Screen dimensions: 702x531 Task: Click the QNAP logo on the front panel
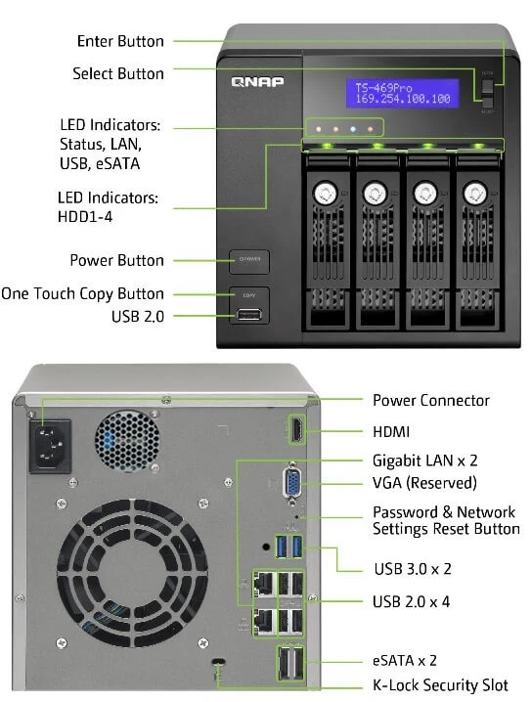click(258, 82)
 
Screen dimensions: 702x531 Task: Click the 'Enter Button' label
click(120, 42)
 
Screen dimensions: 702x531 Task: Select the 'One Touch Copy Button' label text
click(83, 293)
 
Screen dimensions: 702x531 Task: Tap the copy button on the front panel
click(249, 292)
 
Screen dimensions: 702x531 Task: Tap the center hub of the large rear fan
click(111, 577)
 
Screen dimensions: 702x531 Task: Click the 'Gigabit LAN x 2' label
click(425, 460)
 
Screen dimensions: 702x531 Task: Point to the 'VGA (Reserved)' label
click(424, 483)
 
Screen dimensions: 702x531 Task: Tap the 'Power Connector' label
click(431, 400)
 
